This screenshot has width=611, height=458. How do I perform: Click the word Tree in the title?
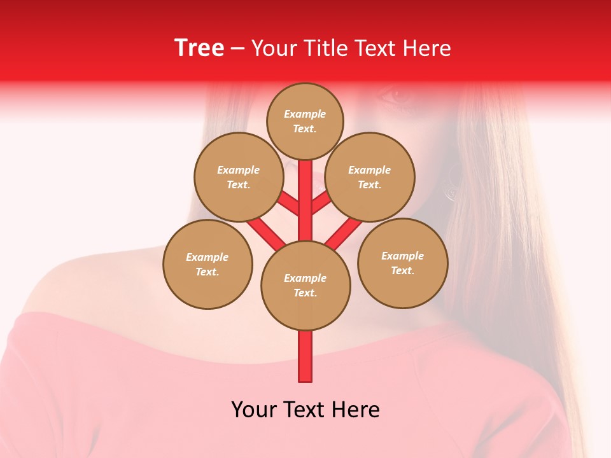(199, 48)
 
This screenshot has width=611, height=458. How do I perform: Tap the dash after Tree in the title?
(238, 49)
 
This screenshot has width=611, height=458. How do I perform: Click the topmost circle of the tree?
(305, 121)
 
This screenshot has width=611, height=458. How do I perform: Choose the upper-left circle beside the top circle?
(238, 177)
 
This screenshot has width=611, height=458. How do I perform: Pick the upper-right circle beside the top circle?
(370, 177)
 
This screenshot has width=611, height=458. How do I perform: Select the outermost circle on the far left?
(207, 264)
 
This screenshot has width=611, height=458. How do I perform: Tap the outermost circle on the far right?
(403, 263)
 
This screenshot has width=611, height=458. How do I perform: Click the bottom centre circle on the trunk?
(305, 285)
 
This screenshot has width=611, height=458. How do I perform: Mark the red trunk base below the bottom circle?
(305, 356)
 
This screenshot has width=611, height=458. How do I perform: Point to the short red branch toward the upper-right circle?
(321, 203)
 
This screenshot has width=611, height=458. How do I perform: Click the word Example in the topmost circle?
(305, 114)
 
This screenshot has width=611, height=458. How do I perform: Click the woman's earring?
(453, 184)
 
